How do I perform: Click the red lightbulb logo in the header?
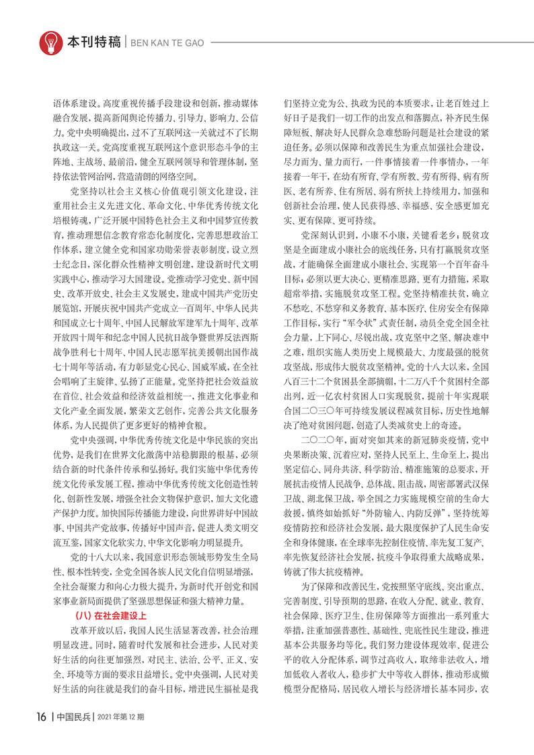pyautogui.click(x=50, y=42)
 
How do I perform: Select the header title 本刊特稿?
pyautogui.click(x=93, y=42)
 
